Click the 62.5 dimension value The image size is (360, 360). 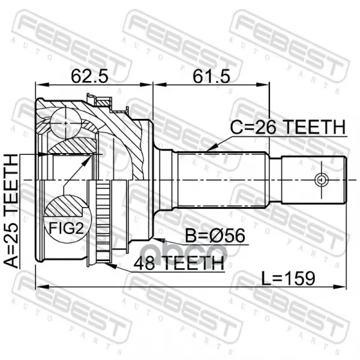[x=89, y=76]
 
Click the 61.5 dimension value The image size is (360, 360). [x=211, y=76]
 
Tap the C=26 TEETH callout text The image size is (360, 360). [x=288, y=127]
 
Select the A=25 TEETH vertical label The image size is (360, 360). [x=11, y=211]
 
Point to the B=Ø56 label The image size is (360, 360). [x=215, y=236]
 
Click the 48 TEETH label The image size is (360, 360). [x=179, y=263]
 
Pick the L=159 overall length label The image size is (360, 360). [x=289, y=278]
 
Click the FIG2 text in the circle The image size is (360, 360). [x=67, y=228]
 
